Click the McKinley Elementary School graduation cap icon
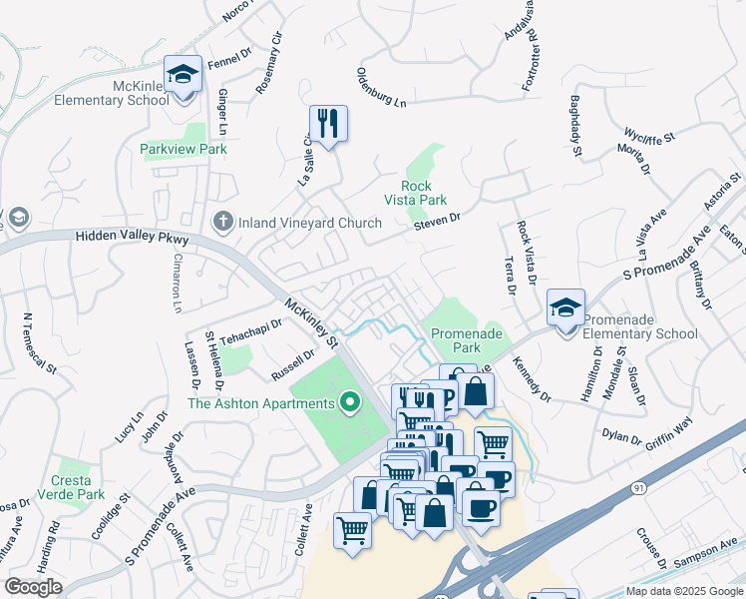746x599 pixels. click(x=183, y=75)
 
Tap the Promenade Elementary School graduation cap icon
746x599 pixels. click(x=565, y=308)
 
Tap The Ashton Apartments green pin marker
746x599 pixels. click(x=349, y=403)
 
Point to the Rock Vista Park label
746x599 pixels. click(x=423, y=193)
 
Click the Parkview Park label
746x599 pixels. click(x=184, y=149)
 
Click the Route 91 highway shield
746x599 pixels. click(x=638, y=487)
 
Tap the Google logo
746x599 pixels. click(x=33, y=587)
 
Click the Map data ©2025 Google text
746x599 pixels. click(x=684, y=591)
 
